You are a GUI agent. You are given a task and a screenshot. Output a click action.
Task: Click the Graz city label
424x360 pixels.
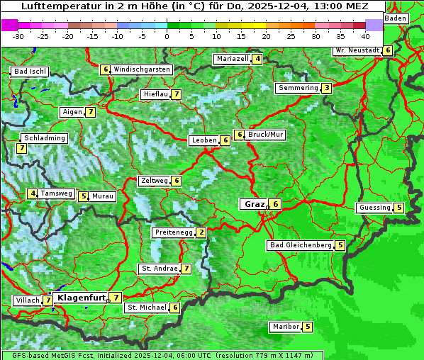[254, 204]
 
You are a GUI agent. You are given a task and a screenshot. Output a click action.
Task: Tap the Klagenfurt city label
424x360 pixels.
[81, 298]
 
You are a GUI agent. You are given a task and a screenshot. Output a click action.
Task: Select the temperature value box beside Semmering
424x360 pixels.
[326, 88]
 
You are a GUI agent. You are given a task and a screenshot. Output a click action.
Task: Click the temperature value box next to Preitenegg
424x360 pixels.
[201, 232]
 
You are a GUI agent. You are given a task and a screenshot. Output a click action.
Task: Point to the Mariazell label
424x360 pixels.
[232, 59]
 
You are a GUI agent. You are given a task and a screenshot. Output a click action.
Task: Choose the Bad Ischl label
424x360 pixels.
[30, 72]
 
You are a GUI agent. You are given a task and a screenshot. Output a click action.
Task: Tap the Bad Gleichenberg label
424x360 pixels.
[300, 245]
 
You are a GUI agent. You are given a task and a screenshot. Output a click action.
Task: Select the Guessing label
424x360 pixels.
[374, 208]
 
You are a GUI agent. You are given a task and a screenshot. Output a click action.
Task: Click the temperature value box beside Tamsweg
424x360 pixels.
[33, 193]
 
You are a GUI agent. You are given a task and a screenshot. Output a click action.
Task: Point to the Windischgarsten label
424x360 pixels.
[142, 69]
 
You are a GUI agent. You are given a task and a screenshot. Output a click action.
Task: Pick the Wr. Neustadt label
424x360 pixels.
[357, 50]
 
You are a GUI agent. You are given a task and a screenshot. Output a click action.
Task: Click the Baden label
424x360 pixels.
[396, 18]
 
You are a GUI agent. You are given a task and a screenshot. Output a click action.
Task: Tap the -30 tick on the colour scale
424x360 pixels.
[18, 35]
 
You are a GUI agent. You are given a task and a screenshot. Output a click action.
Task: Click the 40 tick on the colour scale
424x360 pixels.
[365, 35]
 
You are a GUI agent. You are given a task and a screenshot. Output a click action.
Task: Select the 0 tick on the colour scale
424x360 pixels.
[167, 35]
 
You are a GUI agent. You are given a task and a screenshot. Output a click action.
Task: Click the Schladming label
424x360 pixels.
[44, 138]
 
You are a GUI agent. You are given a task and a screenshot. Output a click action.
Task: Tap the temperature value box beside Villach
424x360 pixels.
[48, 300]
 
